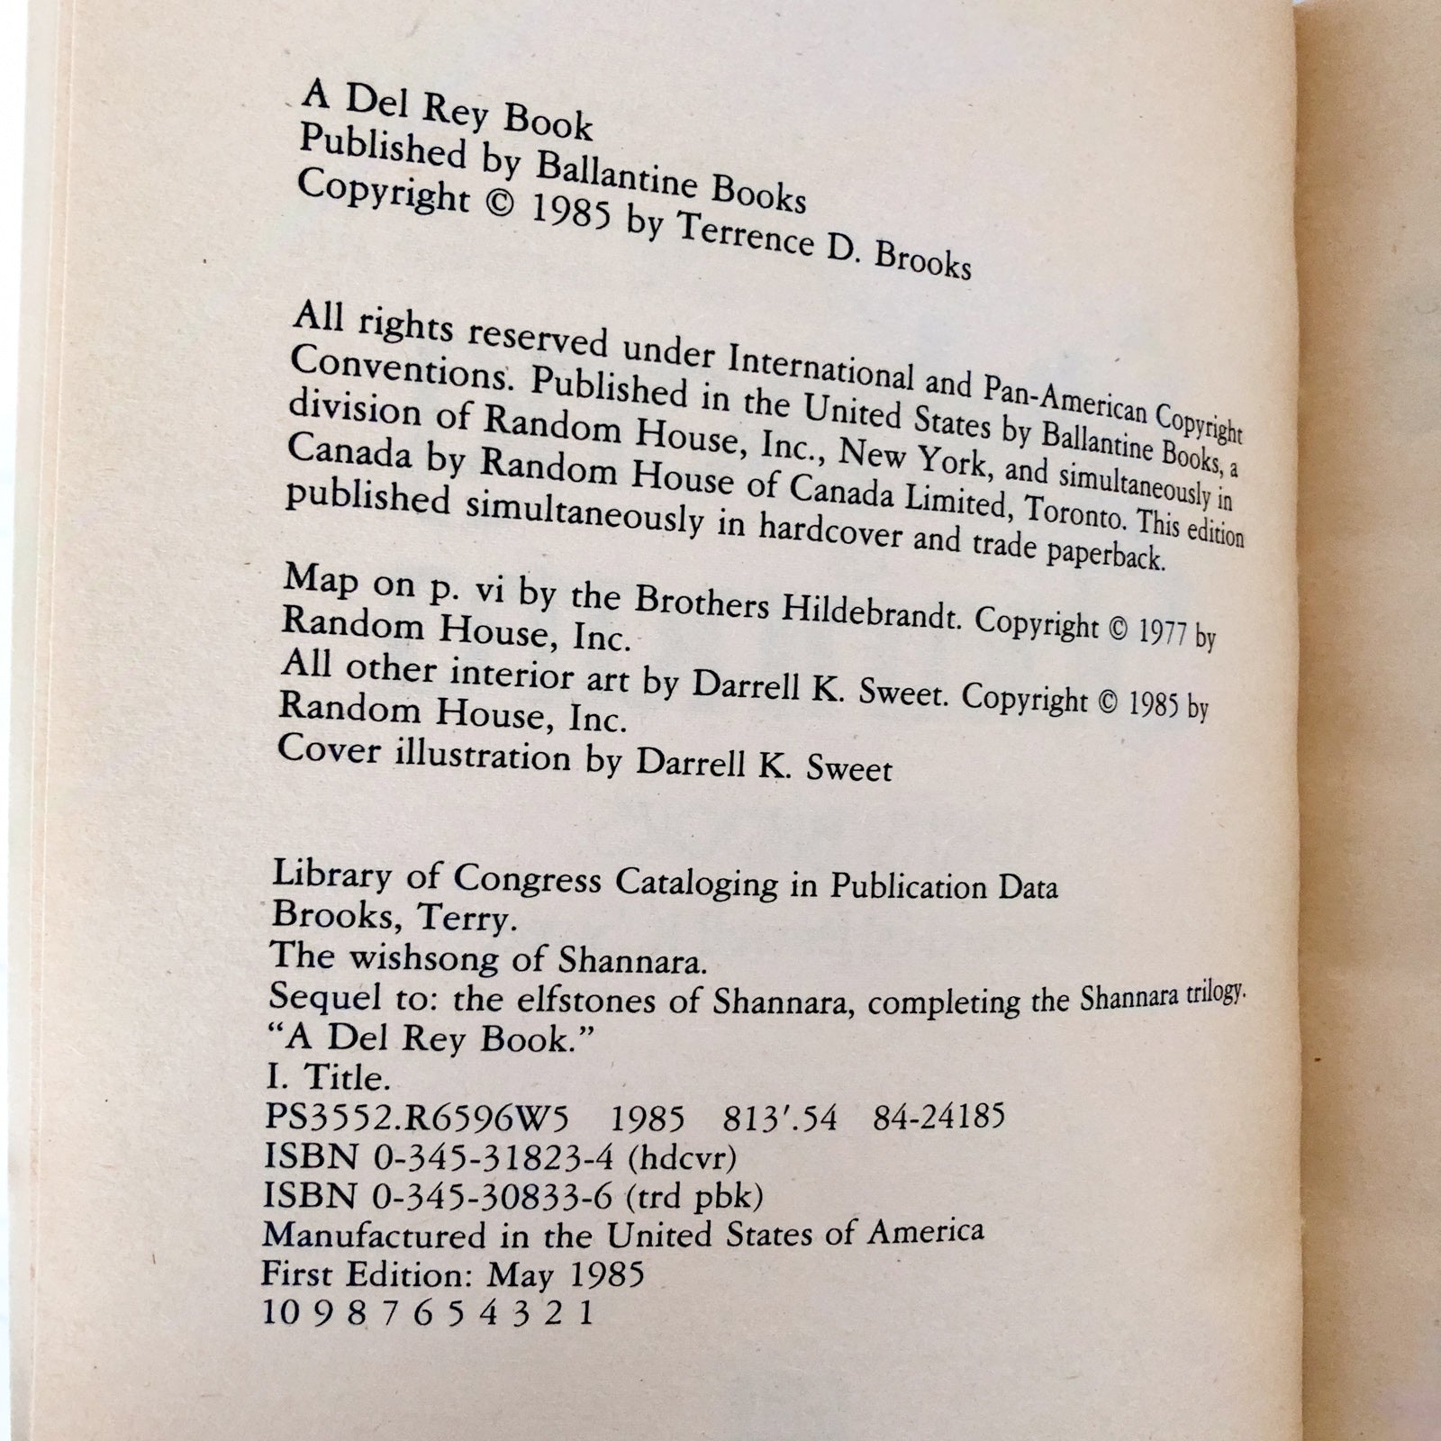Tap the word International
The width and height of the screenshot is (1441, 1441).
(815, 367)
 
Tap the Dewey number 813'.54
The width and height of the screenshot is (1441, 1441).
(780, 1119)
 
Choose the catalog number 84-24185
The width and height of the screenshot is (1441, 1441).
(938, 1118)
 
